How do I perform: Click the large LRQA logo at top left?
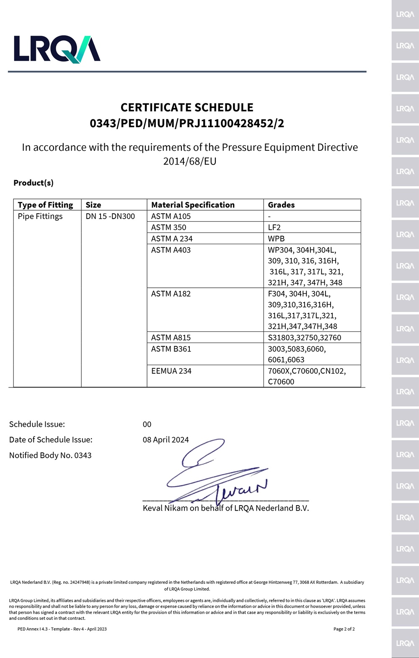pos(57,49)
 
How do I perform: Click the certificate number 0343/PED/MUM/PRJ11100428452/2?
pos(187,123)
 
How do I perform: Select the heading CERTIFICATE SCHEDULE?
pos(187,108)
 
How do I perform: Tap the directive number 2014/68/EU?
pos(189,161)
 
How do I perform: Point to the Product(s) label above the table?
pos(34,183)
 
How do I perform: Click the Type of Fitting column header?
pos(45,205)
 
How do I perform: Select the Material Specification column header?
pos(193,205)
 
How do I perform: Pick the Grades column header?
pos(281,205)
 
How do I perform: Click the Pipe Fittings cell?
pos(40,216)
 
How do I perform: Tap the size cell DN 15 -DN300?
pos(110,216)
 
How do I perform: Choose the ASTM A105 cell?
pos(171,216)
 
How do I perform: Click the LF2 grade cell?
pos(274,227)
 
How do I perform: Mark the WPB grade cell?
pos(276,239)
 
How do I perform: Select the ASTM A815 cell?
pos(171,338)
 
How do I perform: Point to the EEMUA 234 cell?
pos(171,371)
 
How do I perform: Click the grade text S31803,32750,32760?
pos(305,338)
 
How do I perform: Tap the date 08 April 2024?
pos(166,439)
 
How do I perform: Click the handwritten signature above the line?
pos(214,473)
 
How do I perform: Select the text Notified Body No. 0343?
pos(50,455)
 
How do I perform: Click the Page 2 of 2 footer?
pos(344,629)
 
